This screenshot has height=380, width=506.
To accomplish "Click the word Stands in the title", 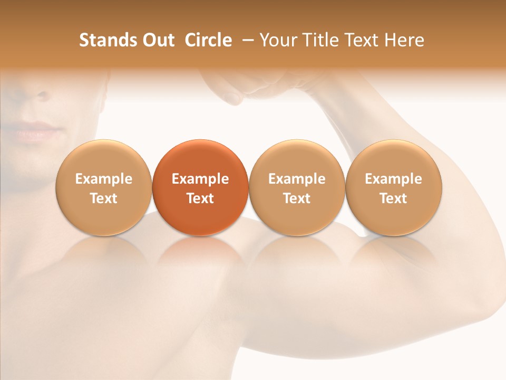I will point(105,40).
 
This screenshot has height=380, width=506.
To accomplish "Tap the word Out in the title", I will point(157,40).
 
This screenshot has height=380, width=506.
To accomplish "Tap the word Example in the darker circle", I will point(200,179).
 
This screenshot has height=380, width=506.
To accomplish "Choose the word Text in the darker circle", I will point(200,198).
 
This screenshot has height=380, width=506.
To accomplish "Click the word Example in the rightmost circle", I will point(394,179).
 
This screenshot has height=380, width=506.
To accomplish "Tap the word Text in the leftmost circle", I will point(103,198).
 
